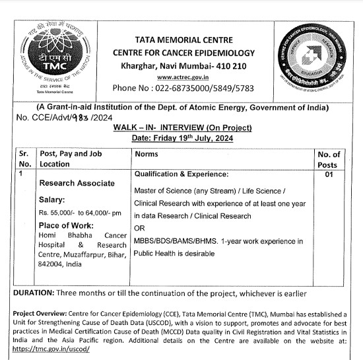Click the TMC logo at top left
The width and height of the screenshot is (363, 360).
(44, 55)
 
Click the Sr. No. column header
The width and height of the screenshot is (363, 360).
(25, 159)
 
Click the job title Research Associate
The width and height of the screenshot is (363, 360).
(77, 183)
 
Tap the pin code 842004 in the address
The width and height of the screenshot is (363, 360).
(54, 264)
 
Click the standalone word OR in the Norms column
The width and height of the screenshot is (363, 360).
(140, 228)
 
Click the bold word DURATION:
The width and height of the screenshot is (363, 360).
(34, 293)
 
